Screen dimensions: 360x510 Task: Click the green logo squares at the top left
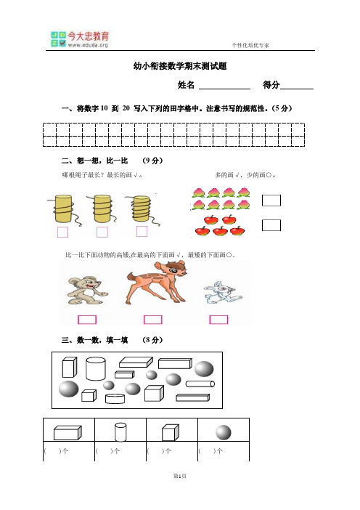pos(58,39)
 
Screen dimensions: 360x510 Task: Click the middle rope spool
pos(102,210)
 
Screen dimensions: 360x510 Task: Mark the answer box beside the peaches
pos(271,201)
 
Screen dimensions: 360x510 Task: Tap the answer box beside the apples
pos(271,224)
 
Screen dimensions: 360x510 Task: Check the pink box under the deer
pos(153,319)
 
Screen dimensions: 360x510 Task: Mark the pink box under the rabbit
pos(218,319)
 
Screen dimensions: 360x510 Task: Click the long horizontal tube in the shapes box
pos(200,383)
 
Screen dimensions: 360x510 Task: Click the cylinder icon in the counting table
pos(120,432)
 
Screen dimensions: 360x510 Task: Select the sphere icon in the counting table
pos(222,432)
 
